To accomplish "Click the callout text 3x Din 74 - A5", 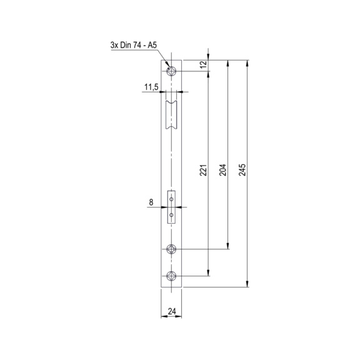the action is (133, 45).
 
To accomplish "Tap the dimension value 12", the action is (203, 64).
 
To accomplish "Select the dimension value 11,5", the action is (151, 87).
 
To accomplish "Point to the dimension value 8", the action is (151, 202).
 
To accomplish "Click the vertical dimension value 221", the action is (203, 170).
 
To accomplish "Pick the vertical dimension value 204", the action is (222, 170).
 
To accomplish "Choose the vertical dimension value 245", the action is (242, 170).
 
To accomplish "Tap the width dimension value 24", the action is (172, 311).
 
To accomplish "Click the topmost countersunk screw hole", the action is (171, 71).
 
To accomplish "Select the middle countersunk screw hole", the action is (171, 249).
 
